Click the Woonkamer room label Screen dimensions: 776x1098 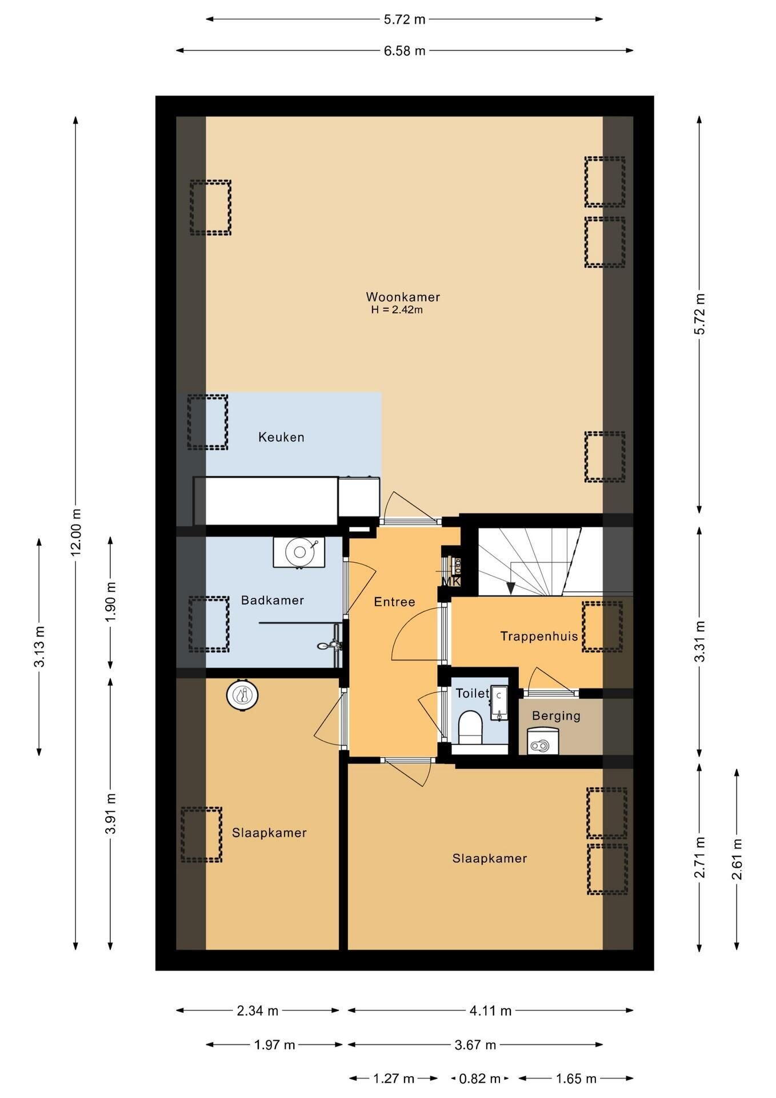[403, 297]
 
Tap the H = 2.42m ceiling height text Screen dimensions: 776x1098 [397, 310]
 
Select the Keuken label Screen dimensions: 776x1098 [281, 437]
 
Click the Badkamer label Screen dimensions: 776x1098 [272, 600]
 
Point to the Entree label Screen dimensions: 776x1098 [394, 602]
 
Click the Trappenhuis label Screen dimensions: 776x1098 [539, 636]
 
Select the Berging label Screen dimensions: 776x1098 [556, 716]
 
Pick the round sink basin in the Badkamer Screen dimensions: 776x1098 [299, 552]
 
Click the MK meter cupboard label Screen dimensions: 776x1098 [451, 582]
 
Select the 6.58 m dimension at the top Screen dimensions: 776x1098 [405, 51]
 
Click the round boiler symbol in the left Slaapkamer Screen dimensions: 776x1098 [242, 695]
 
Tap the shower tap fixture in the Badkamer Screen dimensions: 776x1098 [330, 645]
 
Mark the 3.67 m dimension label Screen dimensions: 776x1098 [475, 1045]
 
